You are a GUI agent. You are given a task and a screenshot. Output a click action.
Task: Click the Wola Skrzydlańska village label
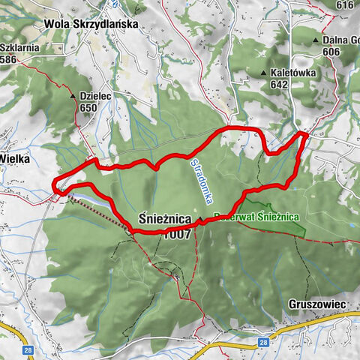[91, 24]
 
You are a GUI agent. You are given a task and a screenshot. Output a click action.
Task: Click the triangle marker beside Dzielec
[73, 97]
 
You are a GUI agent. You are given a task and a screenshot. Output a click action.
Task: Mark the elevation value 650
[87, 108]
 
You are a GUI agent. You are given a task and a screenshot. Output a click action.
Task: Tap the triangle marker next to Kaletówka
[264, 73]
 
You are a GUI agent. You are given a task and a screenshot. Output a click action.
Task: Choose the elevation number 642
[280, 85]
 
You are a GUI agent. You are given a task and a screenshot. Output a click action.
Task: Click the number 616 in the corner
[345, 5]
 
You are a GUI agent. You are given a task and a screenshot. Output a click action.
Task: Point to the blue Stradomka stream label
[199, 181]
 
